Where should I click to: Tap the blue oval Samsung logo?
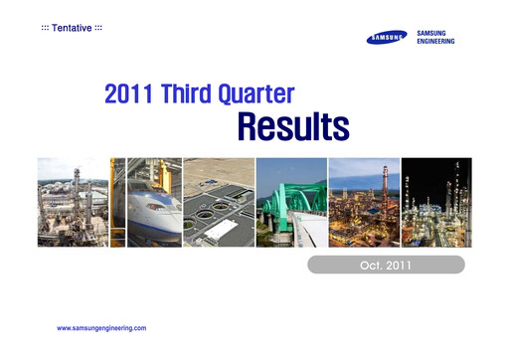click(x=387, y=39)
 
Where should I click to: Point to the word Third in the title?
click(x=198, y=95)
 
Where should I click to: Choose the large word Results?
click(x=292, y=127)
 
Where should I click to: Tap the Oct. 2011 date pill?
click(x=386, y=265)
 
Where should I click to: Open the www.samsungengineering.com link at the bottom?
click(x=101, y=327)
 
